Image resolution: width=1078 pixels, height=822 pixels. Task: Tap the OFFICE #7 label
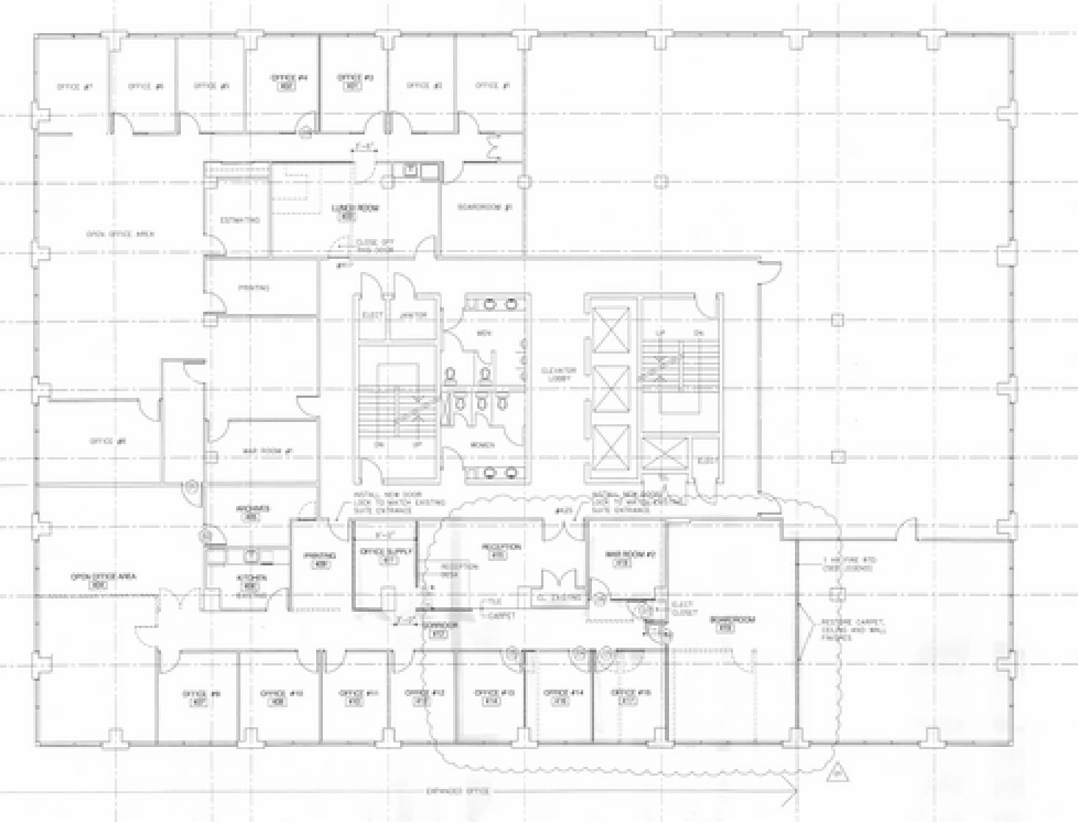74,87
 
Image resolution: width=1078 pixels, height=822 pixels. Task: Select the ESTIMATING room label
240,220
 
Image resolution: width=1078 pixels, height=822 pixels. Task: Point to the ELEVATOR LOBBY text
559,374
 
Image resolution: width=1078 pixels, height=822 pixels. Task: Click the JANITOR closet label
413,315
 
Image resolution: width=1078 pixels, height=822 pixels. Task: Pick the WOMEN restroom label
482,445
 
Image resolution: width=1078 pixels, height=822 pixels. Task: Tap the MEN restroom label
483,333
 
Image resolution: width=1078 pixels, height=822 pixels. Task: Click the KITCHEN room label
251,578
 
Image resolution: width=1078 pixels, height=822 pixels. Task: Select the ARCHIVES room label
252,509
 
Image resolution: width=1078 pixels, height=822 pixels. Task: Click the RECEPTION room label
501,547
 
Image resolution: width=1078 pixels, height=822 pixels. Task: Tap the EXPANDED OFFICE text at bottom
457,791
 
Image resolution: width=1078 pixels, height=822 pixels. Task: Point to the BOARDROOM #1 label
484,207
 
